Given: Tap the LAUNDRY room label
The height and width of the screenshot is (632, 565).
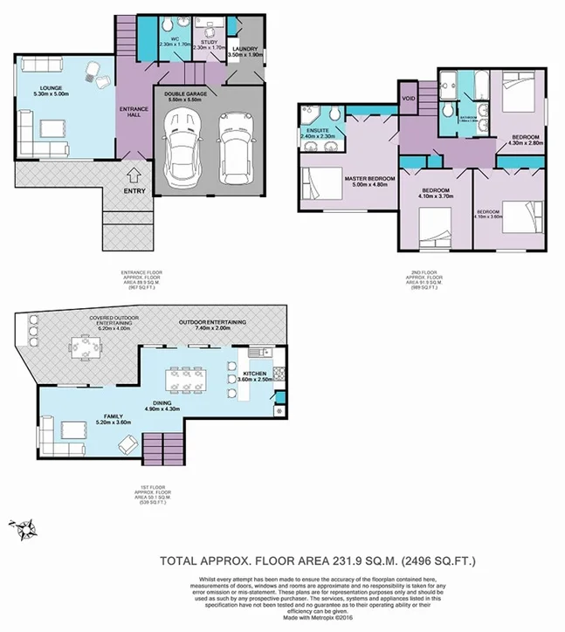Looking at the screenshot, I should tap(243, 50).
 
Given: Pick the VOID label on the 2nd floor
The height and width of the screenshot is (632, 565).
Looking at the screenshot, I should tap(409, 99).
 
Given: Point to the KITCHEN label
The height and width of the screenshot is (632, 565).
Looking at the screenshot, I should tap(257, 374).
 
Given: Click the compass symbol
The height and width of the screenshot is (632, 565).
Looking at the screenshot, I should tap(23, 527).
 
